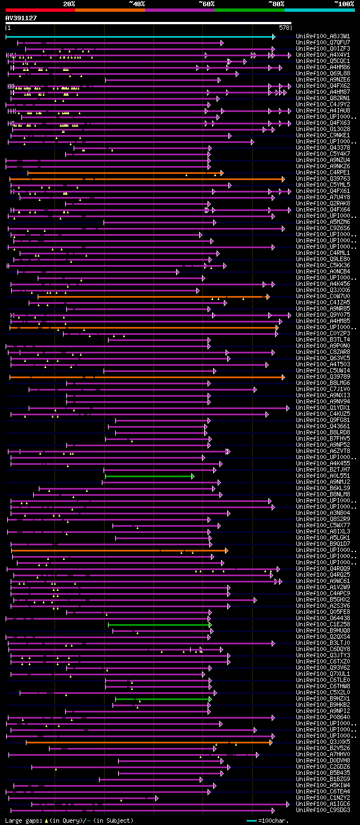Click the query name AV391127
pyautogui.click(x=21, y=18)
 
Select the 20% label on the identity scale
pyautogui.click(x=69, y=3)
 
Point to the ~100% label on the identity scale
pyautogui.click(x=344, y=3)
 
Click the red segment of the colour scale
pyautogui.click(x=39, y=10)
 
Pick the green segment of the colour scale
pyautogui.click(x=249, y=10)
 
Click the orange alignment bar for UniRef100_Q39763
pyautogui.click(x=146, y=179)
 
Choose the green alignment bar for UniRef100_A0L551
pyautogui.click(x=149, y=476)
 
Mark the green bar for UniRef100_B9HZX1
pyautogui.click(x=163, y=699)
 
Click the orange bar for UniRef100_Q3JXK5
pyautogui.click(x=149, y=742)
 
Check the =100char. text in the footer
pyautogui.click(x=275, y=820)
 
